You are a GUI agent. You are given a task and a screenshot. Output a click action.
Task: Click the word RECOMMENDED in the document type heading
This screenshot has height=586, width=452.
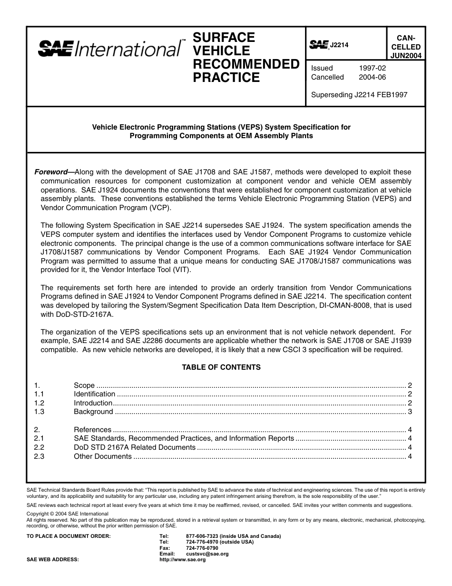[x=246, y=64]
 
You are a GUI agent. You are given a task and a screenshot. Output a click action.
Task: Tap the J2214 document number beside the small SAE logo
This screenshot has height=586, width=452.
[x=339, y=45]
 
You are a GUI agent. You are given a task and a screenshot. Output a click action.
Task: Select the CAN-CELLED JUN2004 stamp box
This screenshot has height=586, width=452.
[x=405, y=47]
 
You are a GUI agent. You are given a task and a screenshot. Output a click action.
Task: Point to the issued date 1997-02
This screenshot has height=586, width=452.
[x=373, y=68]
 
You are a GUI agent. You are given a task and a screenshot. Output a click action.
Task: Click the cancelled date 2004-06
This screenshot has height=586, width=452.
[x=373, y=77]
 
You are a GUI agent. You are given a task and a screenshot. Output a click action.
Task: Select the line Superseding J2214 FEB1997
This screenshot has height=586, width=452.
[x=359, y=95]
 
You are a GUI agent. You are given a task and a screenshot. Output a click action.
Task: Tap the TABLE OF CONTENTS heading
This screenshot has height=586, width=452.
[x=221, y=367]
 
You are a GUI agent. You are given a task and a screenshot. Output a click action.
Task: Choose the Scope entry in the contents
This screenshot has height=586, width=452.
[x=84, y=385]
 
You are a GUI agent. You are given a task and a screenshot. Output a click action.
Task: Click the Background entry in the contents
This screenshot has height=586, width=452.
[x=93, y=412]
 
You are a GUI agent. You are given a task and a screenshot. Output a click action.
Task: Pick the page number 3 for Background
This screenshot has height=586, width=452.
[x=410, y=412]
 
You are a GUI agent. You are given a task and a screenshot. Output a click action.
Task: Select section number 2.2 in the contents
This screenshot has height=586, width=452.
[x=39, y=447]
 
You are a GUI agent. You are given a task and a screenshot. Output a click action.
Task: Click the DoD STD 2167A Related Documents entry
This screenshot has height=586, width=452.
[x=135, y=447]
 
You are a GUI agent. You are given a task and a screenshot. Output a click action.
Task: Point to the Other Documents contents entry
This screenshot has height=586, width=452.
[x=103, y=456]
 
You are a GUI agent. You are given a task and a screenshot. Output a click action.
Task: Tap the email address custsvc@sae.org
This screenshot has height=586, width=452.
[x=207, y=554]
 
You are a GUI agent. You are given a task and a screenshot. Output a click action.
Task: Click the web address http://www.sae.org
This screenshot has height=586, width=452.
[x=182, y=560]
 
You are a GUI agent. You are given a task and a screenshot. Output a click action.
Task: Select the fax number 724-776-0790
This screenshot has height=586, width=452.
[x=202, y=548]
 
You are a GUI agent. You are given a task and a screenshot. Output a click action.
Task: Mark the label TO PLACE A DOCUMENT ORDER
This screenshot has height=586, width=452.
[x=69, y=536]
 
